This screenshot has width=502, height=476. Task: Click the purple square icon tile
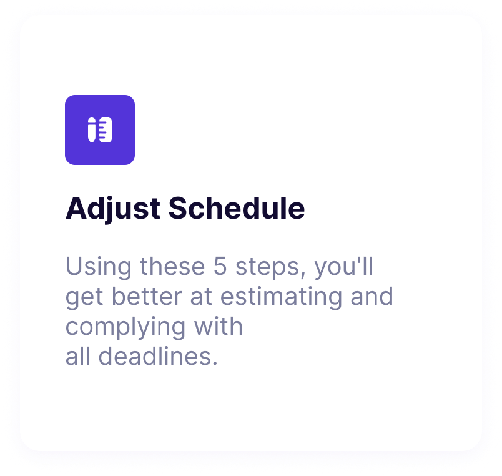click(x=100, y=130)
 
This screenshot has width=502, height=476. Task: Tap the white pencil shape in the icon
click(x=92, y=130)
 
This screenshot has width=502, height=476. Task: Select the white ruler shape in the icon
click(x=106, y=130)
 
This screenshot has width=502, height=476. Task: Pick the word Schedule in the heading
click(x=237, y=208)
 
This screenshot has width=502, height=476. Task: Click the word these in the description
click(x=172, y=266)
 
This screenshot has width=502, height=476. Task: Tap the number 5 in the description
click(x=220, y=266)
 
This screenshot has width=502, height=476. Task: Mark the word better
click(x=147, y=296)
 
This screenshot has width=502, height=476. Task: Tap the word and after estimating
click(x=372, y=296)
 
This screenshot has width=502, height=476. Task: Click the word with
click(x=219, y=326)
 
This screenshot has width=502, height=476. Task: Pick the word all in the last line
click(x=78, y=356)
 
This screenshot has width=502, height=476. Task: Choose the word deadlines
click(x=155, y=356)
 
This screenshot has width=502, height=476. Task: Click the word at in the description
click(x=201, y=297)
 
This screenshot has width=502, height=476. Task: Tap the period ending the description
click(x=215, y=364)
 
